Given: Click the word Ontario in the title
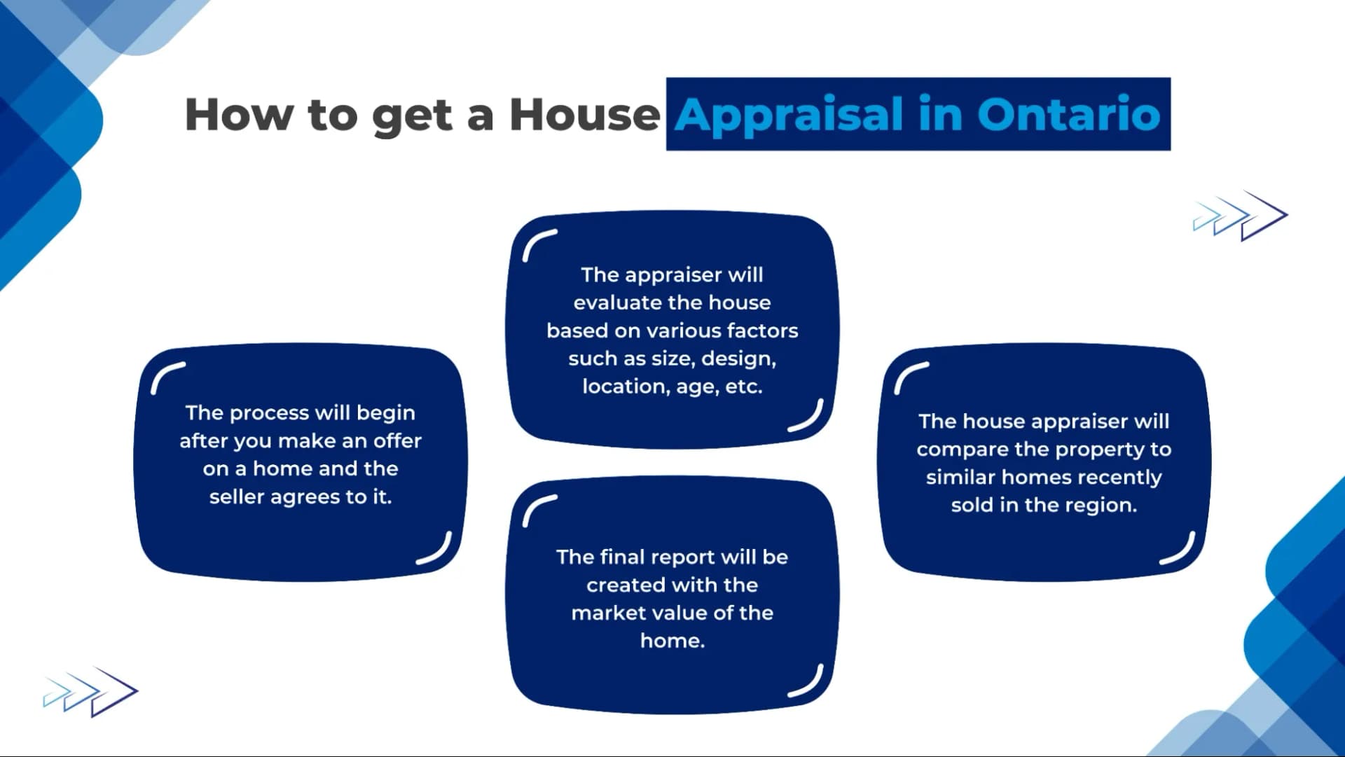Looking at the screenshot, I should pyautogui.click(x=1069, y=114).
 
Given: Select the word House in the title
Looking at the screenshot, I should pyautogui.click(x=584, y=114).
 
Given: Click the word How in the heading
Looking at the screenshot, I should pyautogui.click(x=240, y=114).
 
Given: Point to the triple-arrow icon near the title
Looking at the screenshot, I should pyautogui.click(x=1240, y=216).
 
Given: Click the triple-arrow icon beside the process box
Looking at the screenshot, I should pyautogui.click(x=91, y=692).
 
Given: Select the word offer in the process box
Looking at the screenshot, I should pyautogui.click(x=397, y=441).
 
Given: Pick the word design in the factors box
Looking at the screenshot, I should pyautogui.click(x=738, y=359).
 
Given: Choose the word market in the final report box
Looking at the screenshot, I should pyautogui.click(x=604, y=613).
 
